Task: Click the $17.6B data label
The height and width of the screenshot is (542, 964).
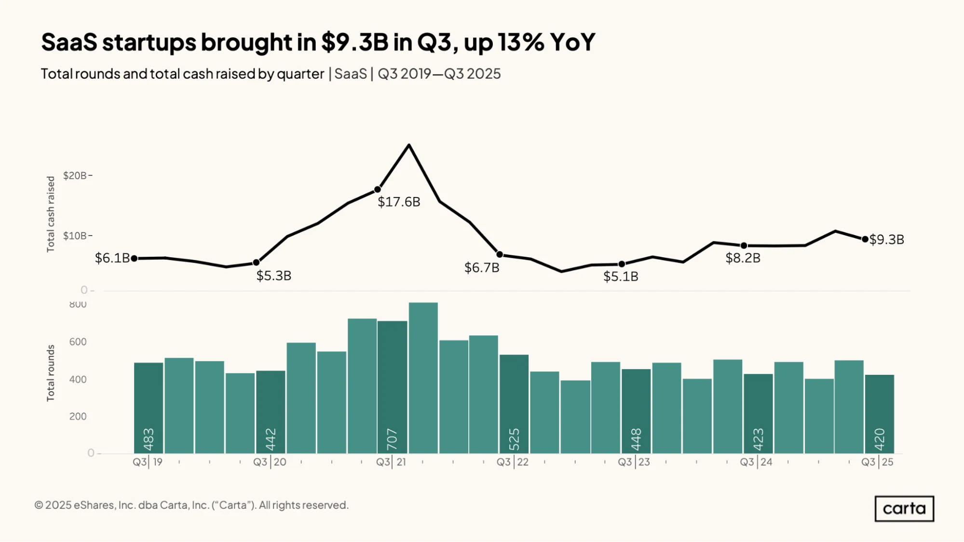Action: (x=399, y=202)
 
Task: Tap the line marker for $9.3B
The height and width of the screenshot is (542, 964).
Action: (x=865, y=239)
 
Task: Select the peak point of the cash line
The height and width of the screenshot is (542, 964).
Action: (x=409, y=145)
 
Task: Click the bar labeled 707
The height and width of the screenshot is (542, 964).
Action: (x=392, y=387)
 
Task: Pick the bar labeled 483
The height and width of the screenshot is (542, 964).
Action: (x=149, y=408)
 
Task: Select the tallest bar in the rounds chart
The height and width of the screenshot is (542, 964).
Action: (x=423, y=378)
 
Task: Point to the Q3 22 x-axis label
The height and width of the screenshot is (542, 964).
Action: (x=513, y=462)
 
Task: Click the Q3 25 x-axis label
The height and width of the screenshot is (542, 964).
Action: (x=878, y=462)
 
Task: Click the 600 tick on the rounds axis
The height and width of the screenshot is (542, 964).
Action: (x=78, y=342)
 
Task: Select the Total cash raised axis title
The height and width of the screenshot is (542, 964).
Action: (x=51, y=214)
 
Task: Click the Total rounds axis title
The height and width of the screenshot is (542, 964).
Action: (x=51, y=373)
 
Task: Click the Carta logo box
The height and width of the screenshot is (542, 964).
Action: (x=904, y=509)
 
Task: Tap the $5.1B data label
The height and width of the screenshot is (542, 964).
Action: (x=621, y=277)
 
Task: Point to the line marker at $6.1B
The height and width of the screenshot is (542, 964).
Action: (x=135, y=259)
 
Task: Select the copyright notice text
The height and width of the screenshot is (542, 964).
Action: (x=191, y=505)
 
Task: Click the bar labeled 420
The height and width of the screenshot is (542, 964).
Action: (x=880, y=414)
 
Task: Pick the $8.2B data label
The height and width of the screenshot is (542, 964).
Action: (x=743, y=258)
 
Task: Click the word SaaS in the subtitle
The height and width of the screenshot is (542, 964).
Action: (x=351, y=74)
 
